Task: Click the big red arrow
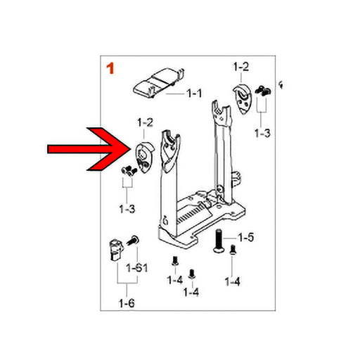pyautogui.click(x=89, y=149)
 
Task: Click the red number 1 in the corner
pyautogui.click(x=110, y=68)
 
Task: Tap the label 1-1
pyautogui.click(x=194, y=94)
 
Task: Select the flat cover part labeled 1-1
pyautogui.click(x=159, y=82)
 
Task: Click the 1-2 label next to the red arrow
pyautogui.click(x=145, y=122)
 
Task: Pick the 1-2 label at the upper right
pyautogui.click(x=241, y=67)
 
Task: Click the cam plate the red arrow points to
pyautogui.click(x=145, y=157)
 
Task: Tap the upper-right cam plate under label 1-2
pyautogui.click(x=243, y=98)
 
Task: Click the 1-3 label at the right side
pyautogui.click(x=262, y=133)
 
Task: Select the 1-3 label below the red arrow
pyautogui.click(x=127, y=209)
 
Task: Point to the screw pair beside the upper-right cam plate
pyautogui.click(x=263, y=91)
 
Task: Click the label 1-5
pyautogui.click(x=246, y=238)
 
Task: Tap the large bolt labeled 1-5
pyautogui.click(x=219, y=240)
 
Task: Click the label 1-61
pyautogui.click(x=137, y=268)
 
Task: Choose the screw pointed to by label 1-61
pyautogui.click(x=133, y=240)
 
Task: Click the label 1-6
pyautogui.click(x=127, y=303)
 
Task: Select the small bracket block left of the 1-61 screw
pyautogui.click(x=116, y=250)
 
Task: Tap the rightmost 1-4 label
pyautogui.click(x=232, y=281)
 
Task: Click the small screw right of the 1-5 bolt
pyautogui.click(x=233, y=250)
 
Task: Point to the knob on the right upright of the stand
pyautogui.click(x=236, y=179)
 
